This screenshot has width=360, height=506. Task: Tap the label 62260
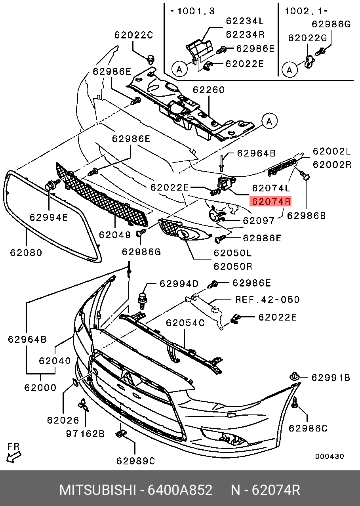click(209, 90)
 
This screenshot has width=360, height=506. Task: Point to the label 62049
click(115, 235)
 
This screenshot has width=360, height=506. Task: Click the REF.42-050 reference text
click(268, 300)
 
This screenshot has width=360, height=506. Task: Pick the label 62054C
click(185, 323)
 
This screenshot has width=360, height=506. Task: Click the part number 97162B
click(85, 433)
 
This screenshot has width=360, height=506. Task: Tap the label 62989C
click(135, 460)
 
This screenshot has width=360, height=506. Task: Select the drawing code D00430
click(330, 456)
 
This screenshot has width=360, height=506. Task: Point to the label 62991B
click(331, 378)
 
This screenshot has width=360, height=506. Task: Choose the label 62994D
click(179, 284)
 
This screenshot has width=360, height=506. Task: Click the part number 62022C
click(133, 35)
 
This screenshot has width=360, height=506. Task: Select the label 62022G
click(307, 38)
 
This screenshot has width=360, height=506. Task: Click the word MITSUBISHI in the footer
click(98, 490)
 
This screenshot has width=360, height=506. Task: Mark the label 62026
click(63, 420)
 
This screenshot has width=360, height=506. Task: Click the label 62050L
click(232, 253)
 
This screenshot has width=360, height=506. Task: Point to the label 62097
click(259, 220)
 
